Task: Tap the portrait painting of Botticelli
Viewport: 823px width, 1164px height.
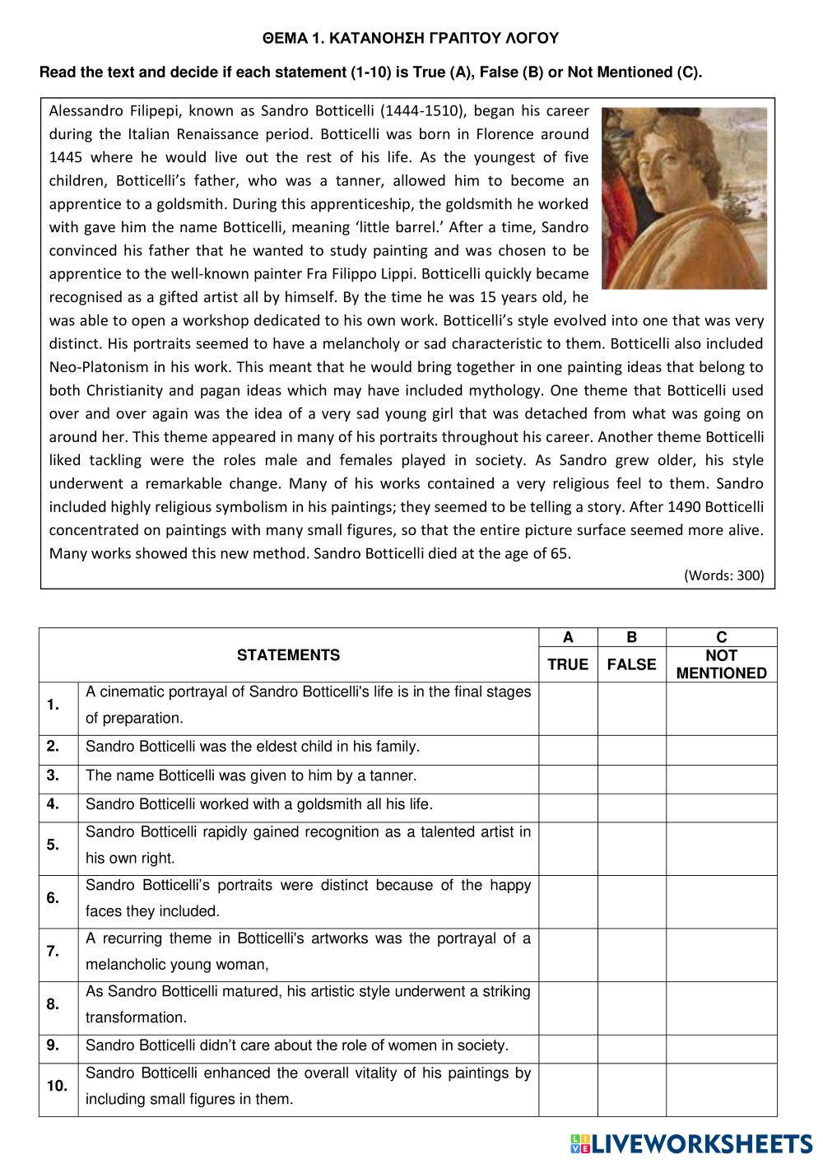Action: click(x=684, y=198)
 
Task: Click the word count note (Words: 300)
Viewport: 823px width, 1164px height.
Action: click(x=723, y=575)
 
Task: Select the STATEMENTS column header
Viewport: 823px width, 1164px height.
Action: click(x=288, y=655)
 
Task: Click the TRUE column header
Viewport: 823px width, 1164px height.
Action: click(x=568, y=664)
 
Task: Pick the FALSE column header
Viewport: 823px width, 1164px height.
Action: click(x=631, y=664)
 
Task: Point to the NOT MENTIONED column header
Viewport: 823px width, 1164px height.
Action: click(x=721, y=664)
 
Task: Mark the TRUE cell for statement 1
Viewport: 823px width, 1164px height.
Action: click(x=568, y=708)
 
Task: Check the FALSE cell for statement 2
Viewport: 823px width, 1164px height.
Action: click(x=631, y=749)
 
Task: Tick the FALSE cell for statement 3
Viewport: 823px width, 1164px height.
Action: click(x=631, y=778)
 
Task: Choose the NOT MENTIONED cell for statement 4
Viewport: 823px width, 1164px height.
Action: click(x=721, y=807)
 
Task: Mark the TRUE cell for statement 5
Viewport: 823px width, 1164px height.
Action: click(x=568, y=848)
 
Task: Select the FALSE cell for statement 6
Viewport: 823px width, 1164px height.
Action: click(x=631, y=901)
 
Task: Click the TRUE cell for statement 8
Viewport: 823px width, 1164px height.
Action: click(x=568, y=1008)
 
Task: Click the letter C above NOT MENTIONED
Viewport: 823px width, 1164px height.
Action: click(x=721, y=637)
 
